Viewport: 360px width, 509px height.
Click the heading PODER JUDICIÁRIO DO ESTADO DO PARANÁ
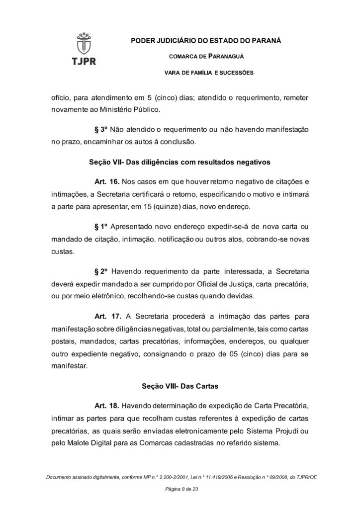point(205,40)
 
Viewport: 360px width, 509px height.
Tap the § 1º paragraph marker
point(101,227)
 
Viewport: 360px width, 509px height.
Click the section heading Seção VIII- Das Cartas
point(180,385)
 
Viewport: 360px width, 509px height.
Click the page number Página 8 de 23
point(180,490)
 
